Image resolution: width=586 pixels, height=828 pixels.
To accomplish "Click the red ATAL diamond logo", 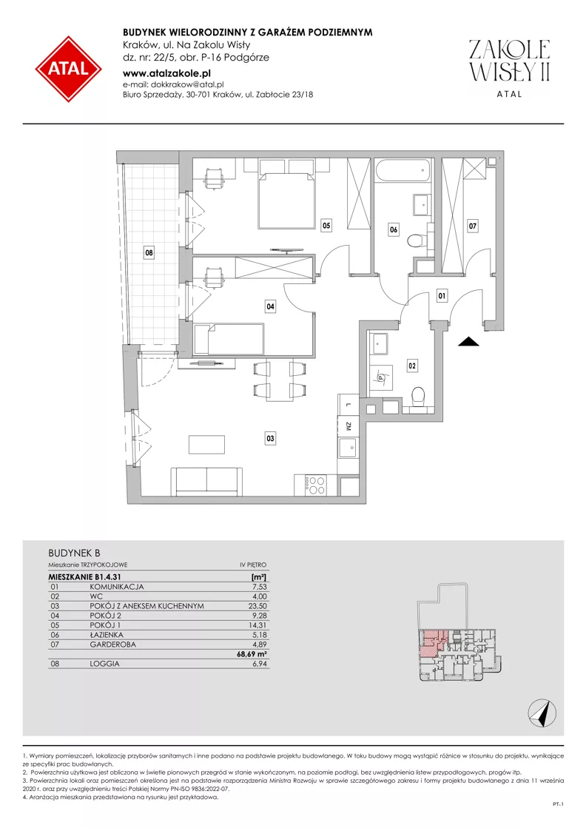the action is coord(69,69).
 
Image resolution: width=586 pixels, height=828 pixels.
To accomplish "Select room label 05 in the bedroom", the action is coord(326,226).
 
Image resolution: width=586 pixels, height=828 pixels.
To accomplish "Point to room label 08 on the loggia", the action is coord(149,253).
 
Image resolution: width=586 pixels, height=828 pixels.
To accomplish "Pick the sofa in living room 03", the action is coord(206,481).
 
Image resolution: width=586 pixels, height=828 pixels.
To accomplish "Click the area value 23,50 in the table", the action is coord(257,606).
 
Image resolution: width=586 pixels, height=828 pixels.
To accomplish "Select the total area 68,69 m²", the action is coord(252,653).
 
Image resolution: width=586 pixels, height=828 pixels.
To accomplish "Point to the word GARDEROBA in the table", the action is coord(113,644).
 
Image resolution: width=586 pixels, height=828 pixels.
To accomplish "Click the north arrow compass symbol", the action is coord(542,712).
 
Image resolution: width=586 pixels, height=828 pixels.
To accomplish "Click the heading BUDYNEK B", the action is coord(74,553).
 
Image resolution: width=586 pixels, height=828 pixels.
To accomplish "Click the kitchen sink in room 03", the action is coord(348,449).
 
